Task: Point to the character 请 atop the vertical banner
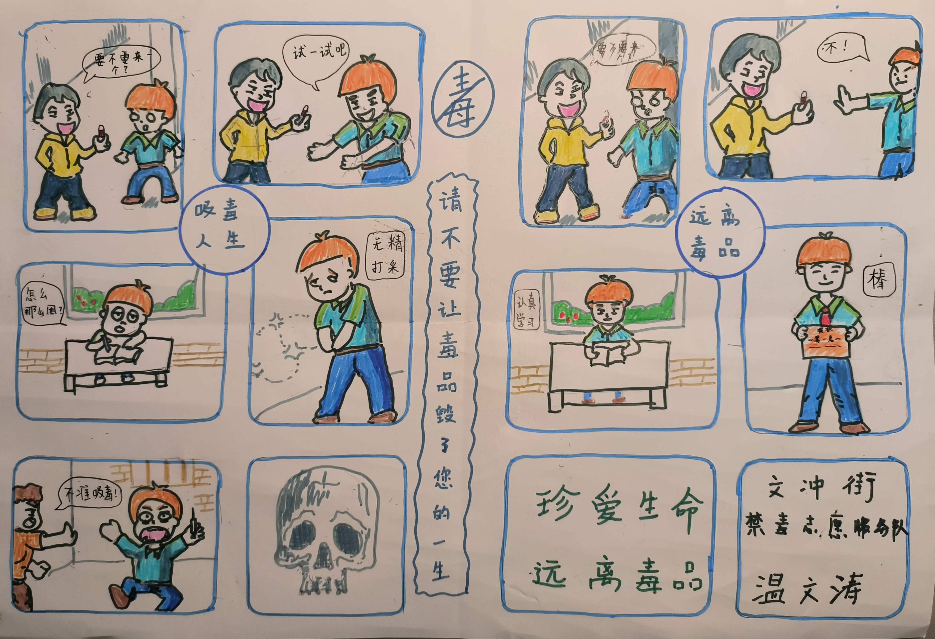point(451,201)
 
